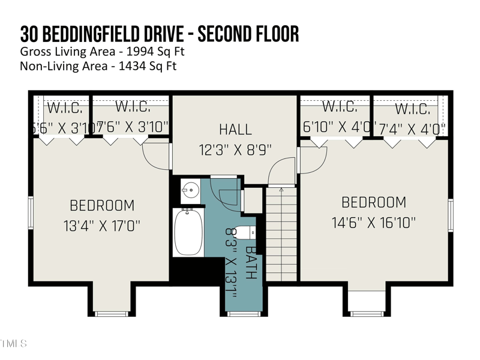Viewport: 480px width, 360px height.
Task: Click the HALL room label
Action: coord(235,129)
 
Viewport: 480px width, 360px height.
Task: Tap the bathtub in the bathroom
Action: coord(188,231)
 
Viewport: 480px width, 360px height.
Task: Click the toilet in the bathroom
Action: coord(245,232)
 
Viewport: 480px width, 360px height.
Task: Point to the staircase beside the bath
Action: coord(281,234)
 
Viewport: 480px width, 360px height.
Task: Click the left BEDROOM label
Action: coord(102,205)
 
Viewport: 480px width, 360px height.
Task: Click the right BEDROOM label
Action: coord(374,202)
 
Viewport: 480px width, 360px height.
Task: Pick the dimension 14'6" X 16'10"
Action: coord(374,223)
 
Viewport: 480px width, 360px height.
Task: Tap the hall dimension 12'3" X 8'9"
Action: coord(235,149)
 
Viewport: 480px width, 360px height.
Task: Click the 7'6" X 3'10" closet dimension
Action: coord(133,127)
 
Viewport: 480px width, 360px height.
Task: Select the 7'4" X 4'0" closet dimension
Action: coord(412,128)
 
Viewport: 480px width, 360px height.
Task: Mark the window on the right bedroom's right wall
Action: coord(451,215)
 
